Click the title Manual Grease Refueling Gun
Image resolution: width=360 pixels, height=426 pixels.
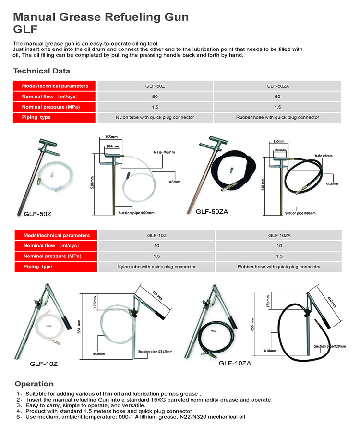click(x=101, y=18)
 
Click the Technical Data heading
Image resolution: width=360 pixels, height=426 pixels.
click(x=42, y=71)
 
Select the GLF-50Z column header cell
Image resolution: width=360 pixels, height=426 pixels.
click(x=156, y=86)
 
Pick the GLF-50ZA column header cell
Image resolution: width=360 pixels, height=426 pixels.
click(x=277, y=86)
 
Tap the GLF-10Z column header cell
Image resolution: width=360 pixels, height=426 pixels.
click(x=156, y=236)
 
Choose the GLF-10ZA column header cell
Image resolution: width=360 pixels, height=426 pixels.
click(x=279, y=236)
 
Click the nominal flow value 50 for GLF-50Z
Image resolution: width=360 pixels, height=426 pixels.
click(x=156, y=97)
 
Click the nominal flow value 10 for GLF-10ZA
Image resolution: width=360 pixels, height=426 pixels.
click(x=279, y=246)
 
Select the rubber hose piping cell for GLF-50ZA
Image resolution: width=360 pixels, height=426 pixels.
click(x=277, y=117)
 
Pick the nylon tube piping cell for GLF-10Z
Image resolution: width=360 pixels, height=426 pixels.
click(x=156, y=267)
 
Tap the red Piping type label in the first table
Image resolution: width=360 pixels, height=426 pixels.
click(x=36, y=117)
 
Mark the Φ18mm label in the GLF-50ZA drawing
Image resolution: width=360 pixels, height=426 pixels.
click(x=332, y=183)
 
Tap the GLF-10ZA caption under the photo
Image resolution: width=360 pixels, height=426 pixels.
click(x=234, y=363)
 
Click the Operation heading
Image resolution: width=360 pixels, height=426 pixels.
click(x=34, y=384)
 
